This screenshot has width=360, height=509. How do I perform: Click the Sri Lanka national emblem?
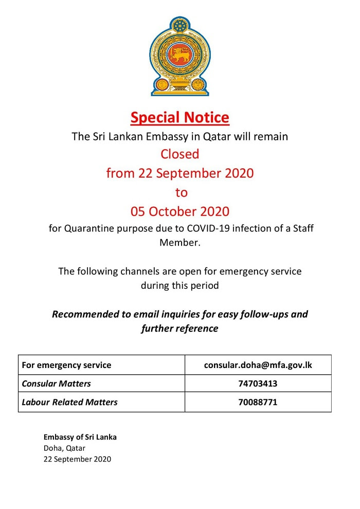[180, 56]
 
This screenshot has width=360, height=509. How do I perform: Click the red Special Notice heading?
[179, 117]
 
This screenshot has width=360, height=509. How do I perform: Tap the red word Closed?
[179, 154]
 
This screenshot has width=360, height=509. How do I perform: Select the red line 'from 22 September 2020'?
[179, 173]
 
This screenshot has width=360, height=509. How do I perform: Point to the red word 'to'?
[181, 192]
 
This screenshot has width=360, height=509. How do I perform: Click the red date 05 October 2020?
[179, 212]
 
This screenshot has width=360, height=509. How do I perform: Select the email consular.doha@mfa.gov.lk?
[258, 365]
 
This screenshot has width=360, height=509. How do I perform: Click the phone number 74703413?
[258, 383]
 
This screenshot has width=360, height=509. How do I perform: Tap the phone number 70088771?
[258, 402]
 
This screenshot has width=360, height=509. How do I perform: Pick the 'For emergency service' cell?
[66, 365]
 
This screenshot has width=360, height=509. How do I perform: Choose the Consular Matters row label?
[56, 383]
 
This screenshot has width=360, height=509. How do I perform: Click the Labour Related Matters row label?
[69, 402]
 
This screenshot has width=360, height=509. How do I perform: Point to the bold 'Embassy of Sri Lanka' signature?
[80, 437]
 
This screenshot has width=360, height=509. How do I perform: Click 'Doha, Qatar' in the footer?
[64, 448]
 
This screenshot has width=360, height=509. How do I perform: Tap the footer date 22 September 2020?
[77, 459]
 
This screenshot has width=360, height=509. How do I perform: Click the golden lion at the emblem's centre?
[179, 56]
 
